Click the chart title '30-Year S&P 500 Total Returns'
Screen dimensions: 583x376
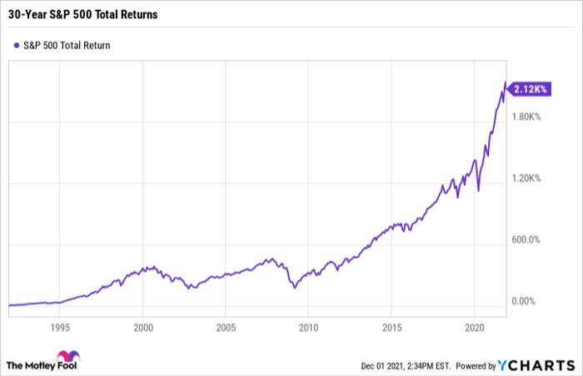83,14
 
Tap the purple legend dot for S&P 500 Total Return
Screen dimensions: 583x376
17,45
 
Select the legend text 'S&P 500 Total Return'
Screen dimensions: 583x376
67,45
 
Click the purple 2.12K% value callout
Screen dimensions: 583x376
530,89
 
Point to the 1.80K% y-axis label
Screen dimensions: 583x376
526,116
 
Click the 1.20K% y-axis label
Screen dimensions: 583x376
526,178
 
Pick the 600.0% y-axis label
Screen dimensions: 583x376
526,240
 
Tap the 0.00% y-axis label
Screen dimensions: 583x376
524,301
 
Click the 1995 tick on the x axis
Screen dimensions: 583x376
60,328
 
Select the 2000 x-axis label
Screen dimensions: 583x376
143,328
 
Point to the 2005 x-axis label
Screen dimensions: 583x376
226,328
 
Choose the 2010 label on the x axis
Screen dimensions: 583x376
309,328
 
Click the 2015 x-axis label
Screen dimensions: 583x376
392,328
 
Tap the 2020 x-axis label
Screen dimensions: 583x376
475,328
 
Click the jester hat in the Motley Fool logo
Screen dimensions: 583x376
68,356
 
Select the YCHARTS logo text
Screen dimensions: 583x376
536,365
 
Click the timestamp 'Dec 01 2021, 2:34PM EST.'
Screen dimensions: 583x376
406,366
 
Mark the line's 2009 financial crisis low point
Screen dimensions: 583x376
295,288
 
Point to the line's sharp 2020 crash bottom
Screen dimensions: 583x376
478,190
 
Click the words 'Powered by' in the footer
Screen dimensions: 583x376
476,366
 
